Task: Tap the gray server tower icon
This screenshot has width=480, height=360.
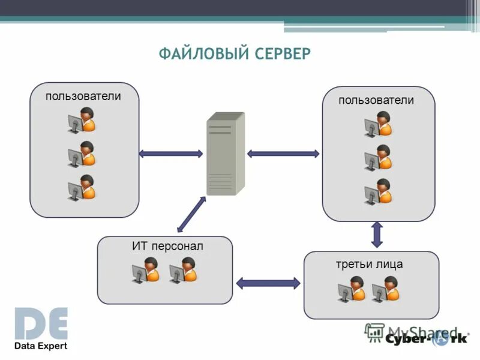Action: [226, 154]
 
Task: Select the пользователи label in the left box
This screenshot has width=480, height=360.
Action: [83, 96]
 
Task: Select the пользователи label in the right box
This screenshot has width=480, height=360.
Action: [376, 100]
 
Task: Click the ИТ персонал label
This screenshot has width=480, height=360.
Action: [168, 246]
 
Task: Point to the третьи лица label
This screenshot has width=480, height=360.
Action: [369, 264]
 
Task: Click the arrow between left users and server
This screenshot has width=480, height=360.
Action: [170, 154]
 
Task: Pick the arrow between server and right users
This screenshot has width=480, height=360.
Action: [283, 154]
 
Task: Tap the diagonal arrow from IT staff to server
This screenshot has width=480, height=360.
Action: [191, 214]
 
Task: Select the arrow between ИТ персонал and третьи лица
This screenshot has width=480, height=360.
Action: [268, 282]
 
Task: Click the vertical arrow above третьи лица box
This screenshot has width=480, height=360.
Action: [377, 235]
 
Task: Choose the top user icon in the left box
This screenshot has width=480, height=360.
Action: [81, 119]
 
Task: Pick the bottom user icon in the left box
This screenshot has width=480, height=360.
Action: [81, 187]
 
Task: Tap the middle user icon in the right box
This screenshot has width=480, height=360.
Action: [378, 158]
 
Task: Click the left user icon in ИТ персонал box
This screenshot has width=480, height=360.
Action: [146, 270]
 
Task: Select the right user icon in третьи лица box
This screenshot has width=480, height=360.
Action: [385, 289]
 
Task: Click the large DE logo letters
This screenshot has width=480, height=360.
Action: [41, 324]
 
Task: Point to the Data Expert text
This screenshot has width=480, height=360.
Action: [41, 346]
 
